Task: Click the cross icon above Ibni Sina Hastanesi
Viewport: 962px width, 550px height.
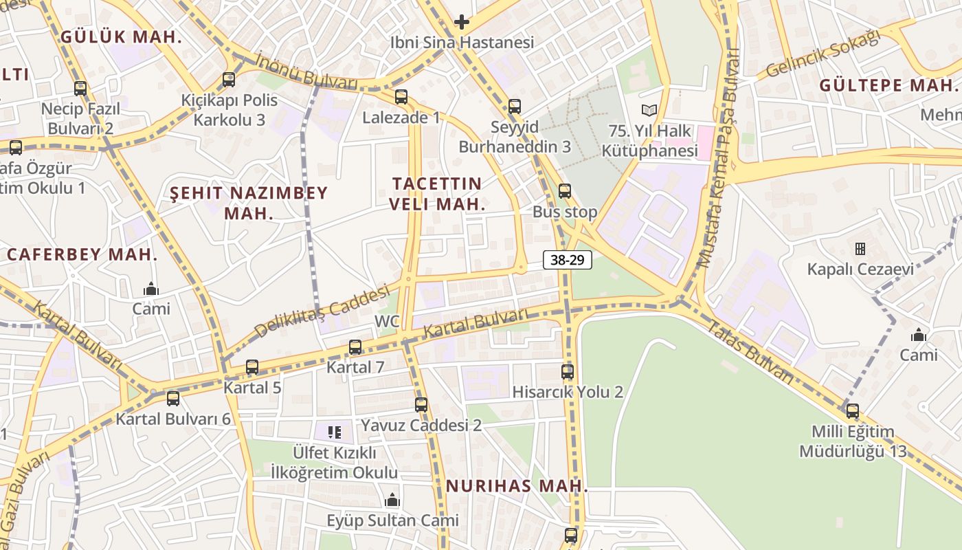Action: (462, 22)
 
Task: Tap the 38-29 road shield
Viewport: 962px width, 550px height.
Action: (568, 260)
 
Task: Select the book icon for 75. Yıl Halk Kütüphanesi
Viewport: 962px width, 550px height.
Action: (649, 110)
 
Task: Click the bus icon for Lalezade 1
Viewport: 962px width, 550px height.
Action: (401, 97)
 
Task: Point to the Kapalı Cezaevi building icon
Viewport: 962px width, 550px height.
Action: (860, 248)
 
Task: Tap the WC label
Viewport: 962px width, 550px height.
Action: (387, 321)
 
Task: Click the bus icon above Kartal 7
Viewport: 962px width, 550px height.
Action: (355, 347)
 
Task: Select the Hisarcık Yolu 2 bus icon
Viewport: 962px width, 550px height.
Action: (568, 372)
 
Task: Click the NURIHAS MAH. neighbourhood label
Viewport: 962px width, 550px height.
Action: (517, 486)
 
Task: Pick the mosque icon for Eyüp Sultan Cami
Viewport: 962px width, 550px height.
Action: (392, 500)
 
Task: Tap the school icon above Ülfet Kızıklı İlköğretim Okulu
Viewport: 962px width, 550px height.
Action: (335, 432)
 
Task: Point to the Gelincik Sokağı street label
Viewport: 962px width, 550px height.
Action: (823, 54)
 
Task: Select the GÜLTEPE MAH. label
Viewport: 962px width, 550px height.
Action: (888, 86)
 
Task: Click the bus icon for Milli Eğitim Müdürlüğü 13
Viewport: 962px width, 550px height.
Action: (853, 411)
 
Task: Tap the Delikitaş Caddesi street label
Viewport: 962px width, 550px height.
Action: (322, 311)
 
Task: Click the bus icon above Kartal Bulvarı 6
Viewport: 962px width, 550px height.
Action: (173, 398)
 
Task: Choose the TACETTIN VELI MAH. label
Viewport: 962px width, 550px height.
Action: (437, 194)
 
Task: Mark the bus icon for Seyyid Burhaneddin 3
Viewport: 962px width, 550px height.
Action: (515, 107)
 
